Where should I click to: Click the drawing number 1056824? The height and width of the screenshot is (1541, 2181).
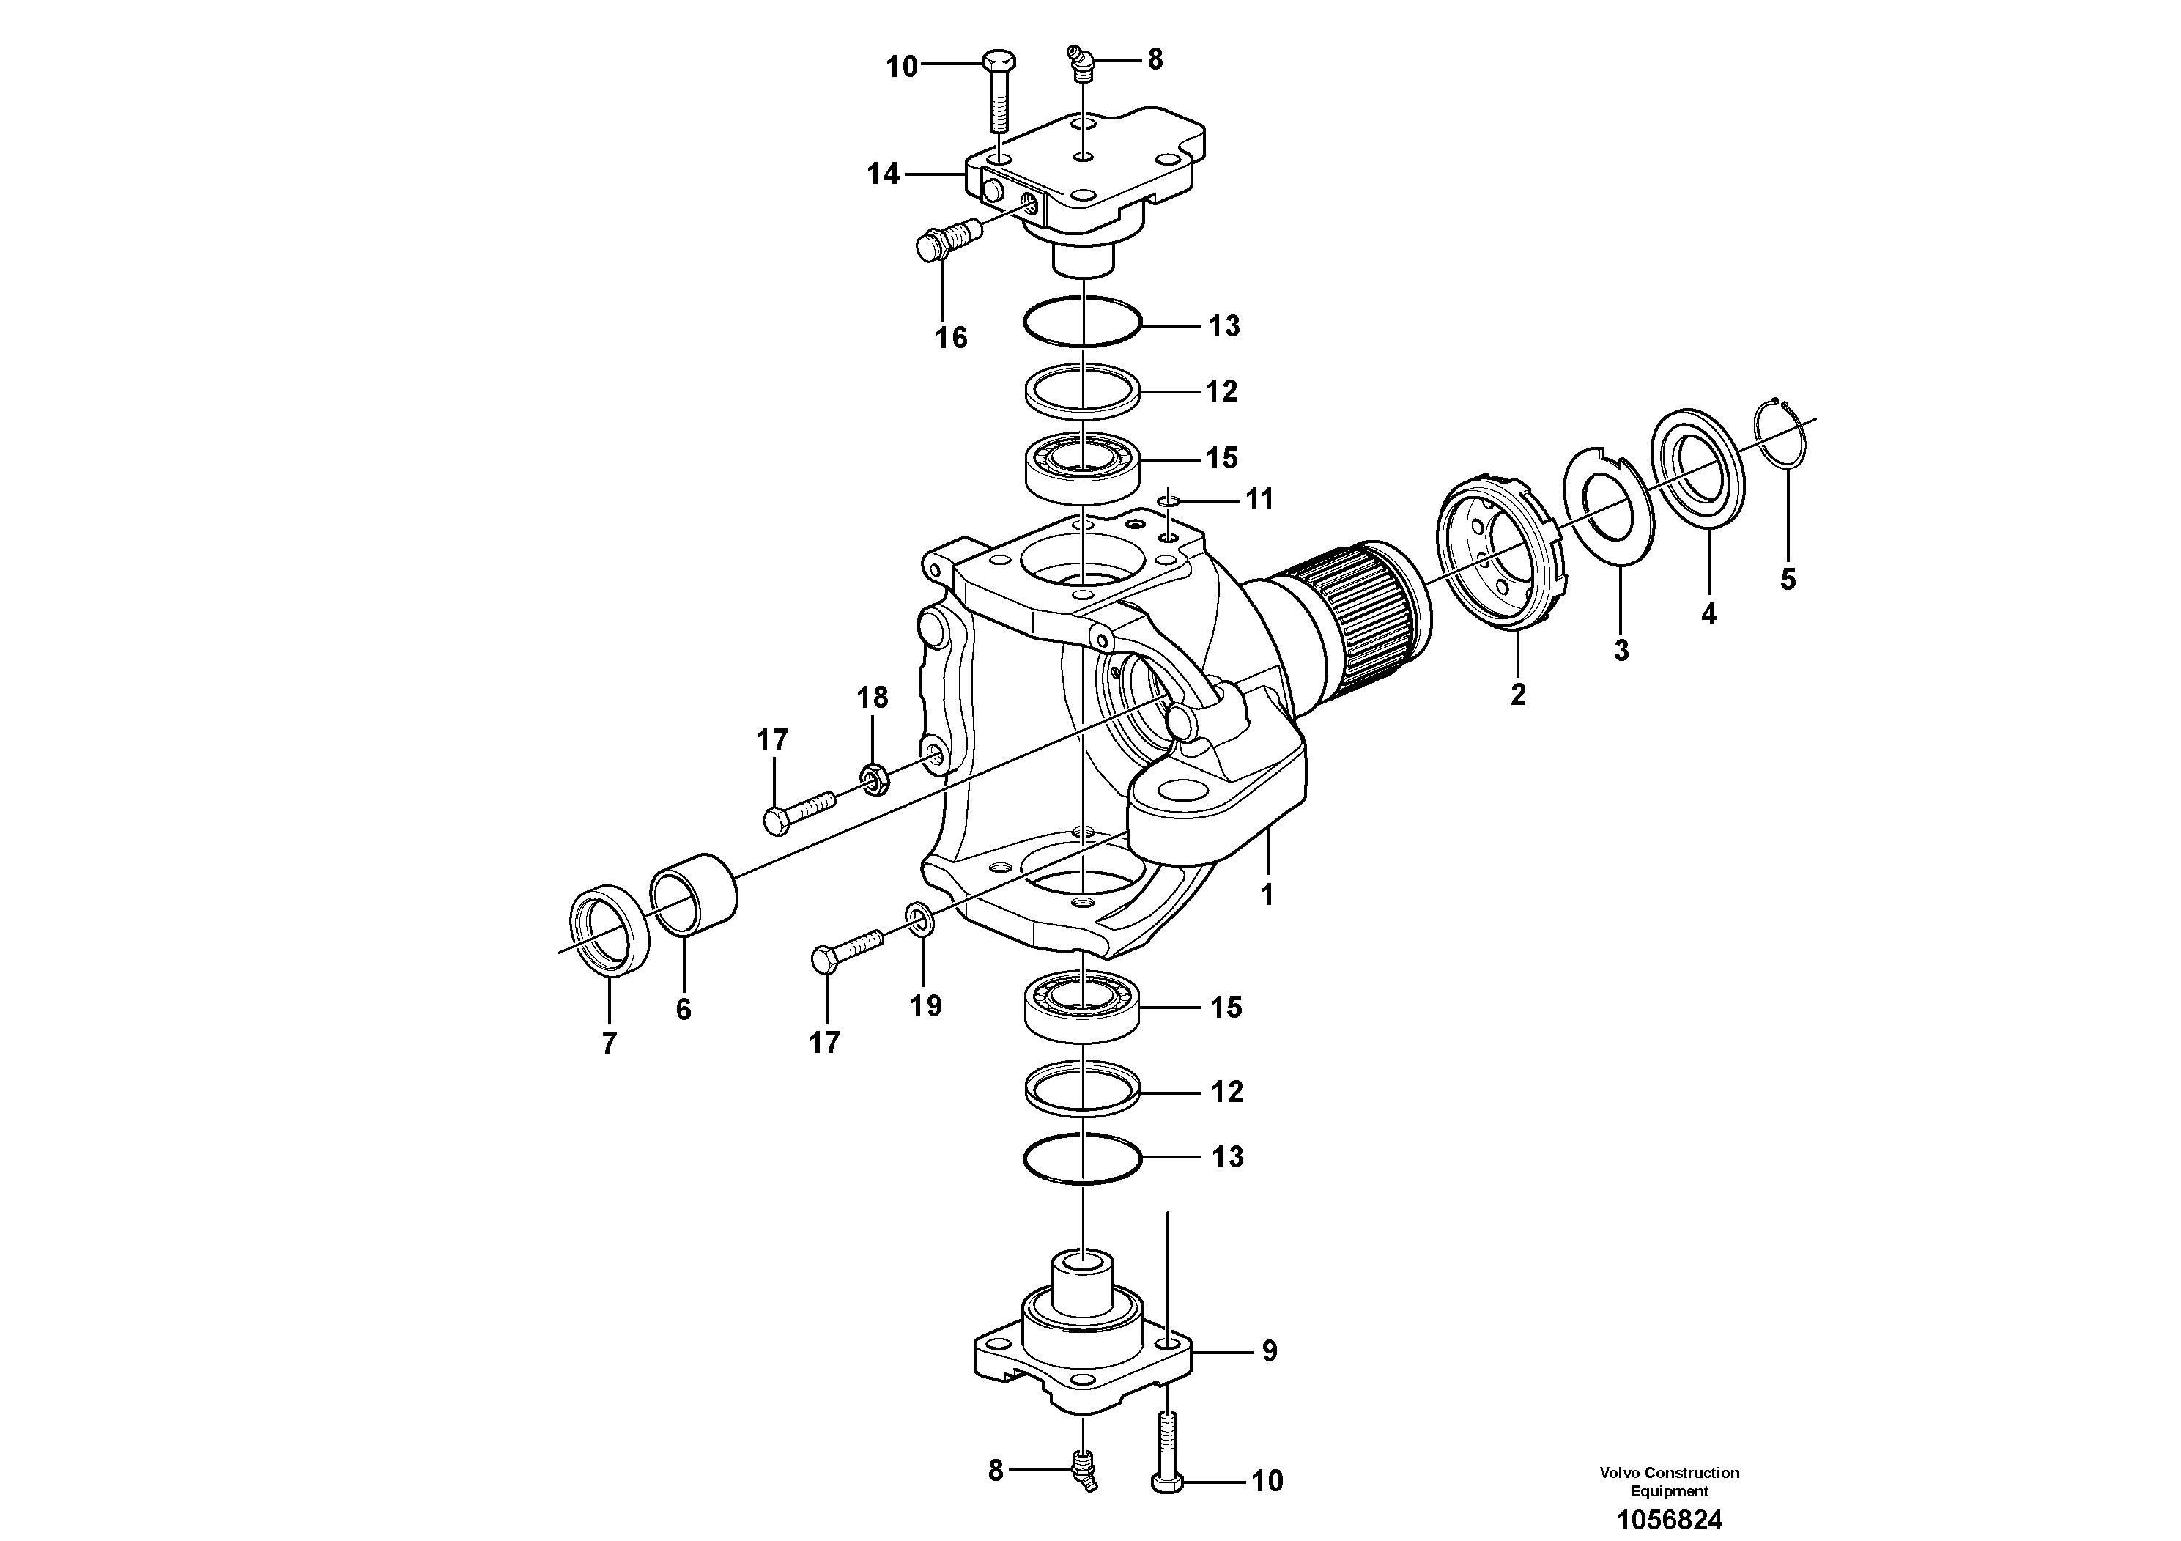click(x=1669, y=1520)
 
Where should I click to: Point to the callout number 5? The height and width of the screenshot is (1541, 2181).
click(x=1788, y=579)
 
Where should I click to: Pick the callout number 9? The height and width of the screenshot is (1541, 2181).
click(x=1269, y=1351)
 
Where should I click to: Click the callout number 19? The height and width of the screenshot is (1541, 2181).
click(x=925, y=1005)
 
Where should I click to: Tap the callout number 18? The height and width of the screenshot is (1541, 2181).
click(x=872, y=698)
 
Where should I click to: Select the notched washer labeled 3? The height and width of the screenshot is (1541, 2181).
click(x=1610, y=509)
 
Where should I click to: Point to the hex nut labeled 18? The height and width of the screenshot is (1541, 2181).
click(x=874, y=778)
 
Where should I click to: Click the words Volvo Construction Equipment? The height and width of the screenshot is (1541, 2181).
click(x=1669, y=1481)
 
